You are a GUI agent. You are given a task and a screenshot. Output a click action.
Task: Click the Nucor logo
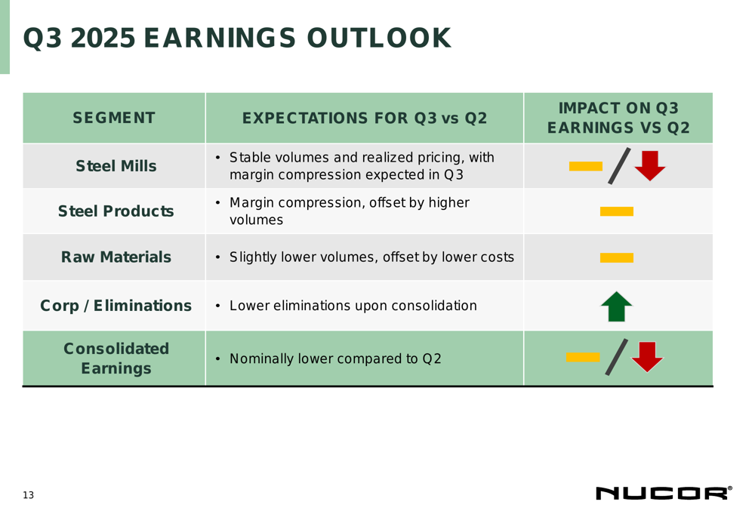[664, 493]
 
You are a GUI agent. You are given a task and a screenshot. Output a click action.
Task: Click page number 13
[29, 495]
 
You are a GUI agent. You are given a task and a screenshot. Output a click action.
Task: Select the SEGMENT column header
[114, 118]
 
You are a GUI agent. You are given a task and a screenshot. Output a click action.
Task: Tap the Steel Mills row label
[116, 166]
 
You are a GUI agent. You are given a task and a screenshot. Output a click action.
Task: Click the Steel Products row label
[116, 211]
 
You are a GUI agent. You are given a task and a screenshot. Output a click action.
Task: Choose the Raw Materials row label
[116, 257]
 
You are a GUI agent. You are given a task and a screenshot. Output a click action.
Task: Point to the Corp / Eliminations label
[116, 306]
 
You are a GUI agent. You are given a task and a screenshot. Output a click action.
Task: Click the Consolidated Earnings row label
[116, 359]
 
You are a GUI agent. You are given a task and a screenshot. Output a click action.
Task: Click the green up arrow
[616, 306]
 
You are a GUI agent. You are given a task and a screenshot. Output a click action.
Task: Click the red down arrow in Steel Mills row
[650, 165]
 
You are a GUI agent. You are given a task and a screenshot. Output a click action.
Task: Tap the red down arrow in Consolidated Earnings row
[647, 357]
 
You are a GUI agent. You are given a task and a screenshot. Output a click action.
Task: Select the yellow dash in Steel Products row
[616, 211]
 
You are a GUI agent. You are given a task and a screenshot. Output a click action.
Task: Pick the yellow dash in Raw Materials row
[616, 257]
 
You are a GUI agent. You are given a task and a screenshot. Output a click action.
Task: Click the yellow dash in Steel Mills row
[586, 166]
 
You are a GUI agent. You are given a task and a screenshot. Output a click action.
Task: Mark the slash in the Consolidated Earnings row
[617, 357]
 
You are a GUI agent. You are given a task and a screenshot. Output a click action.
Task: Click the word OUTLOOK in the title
[379, 38]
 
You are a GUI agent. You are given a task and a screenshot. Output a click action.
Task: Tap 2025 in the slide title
[103, 38]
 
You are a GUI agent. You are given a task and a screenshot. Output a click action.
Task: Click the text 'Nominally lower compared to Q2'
[335, 359]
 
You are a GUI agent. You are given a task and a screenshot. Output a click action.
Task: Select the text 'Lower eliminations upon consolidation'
[353, 306]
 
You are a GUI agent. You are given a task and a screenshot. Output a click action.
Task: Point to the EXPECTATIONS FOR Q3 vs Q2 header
[365, 118]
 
